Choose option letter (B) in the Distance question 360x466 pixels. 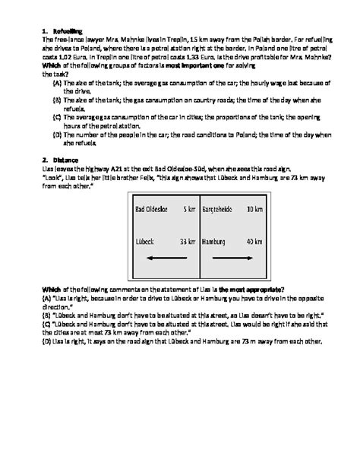click(x=47, y=313)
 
